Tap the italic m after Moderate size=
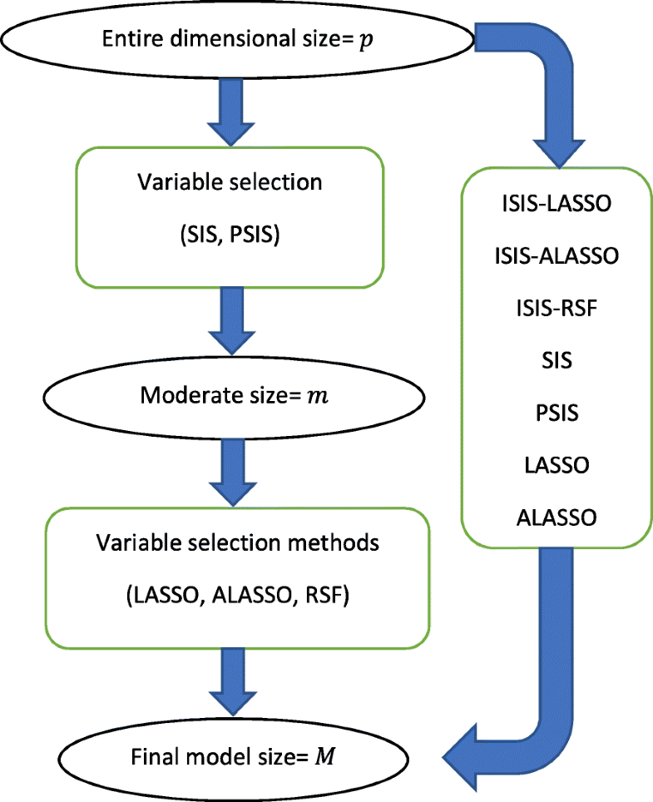point(318,397)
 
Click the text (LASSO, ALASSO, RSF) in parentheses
point(237,597)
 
